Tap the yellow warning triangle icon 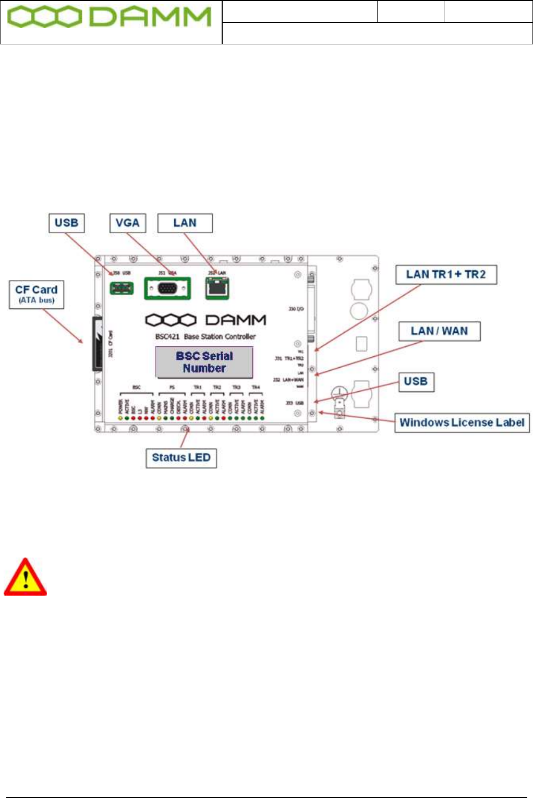[25, 578]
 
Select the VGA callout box [128, 223]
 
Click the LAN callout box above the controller [185, 223]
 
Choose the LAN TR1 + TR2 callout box [446, 274]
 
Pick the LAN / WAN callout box [439, 331]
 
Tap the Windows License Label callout [462, 422]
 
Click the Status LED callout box [181, 458]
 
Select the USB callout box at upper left [67, 223]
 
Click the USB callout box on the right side [416, 381]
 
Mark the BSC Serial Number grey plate [204, 362]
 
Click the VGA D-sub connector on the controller [167, 288]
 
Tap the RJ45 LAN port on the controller [217, 287]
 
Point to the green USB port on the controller [122, 287]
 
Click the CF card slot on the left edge [97, 344]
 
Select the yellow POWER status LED [120, 418]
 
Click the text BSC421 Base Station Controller [205, 336]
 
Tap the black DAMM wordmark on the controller [236, 320]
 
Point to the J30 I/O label [296, 309]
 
